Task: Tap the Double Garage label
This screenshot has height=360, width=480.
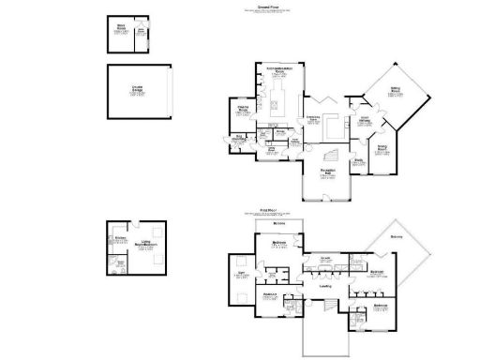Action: [x=137, y=91]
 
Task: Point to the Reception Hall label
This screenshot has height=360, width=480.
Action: [x=326, y=174]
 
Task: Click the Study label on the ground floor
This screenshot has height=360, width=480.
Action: [x=358, y=160]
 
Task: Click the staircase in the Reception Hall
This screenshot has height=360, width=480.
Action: [x=330, y=154]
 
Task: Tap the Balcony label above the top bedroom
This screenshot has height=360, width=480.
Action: [x=278, y=224]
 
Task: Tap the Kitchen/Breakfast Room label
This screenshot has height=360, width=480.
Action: [x=278, y=69]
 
